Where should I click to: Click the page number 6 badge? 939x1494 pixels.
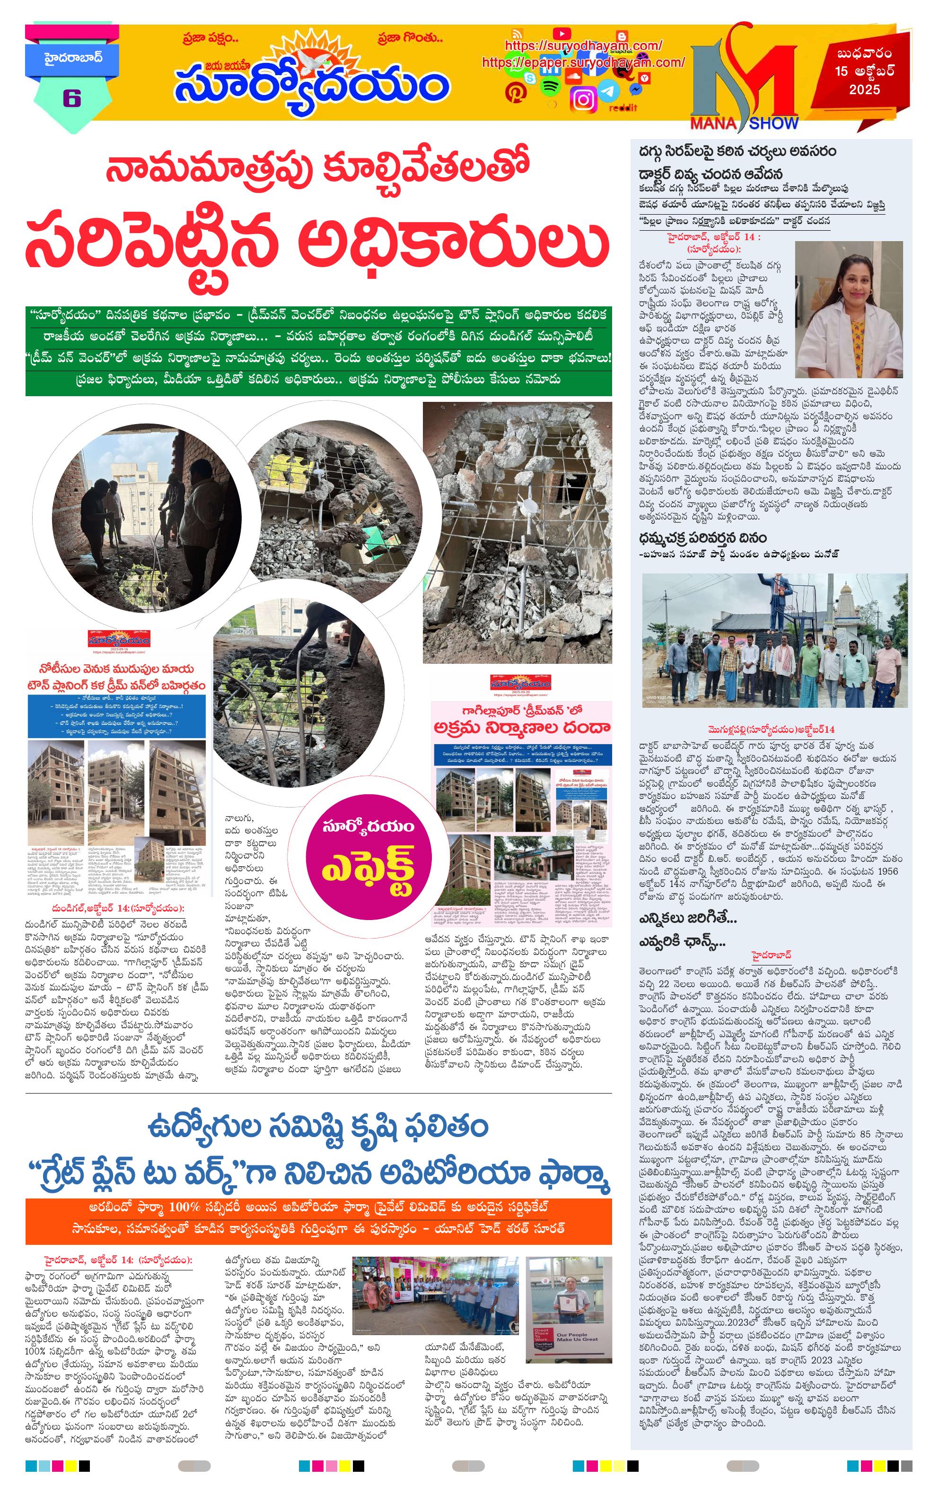pos(71,98)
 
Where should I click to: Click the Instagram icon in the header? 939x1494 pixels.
pos(583,99)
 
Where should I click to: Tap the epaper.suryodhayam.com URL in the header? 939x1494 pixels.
pos(583,62)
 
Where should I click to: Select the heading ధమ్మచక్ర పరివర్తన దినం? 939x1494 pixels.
pos(702,537)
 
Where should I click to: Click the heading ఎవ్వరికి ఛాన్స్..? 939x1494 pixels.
pos(682,942)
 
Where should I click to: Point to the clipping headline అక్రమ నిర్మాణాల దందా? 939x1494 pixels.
pos(521,727)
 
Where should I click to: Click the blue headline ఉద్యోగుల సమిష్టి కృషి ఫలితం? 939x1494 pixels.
pos(318,1127)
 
